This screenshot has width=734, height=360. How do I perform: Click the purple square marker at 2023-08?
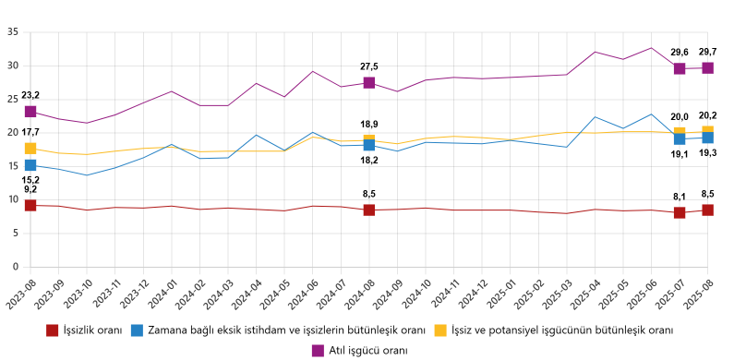pyautogui.click(x=30, y=112)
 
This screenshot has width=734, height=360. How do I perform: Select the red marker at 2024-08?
pyautogui.click(x=369, y=210)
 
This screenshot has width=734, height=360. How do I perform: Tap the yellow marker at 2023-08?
pyautogui.click(x=30, y=149)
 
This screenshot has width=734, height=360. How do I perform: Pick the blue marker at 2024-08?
pyautogui.click(x=369, y=145)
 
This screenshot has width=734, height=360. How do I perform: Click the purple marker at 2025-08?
pyautogui.click(x=707, y=67)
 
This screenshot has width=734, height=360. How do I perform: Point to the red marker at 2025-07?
pyautogui.click(x=680, y=212)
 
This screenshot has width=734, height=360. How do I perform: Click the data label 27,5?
pyautogui.click(x=369, y=66)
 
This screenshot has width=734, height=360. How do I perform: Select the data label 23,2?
pyautogui.click(x=30, y=95)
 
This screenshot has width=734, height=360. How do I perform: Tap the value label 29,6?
pyautogui.click(x=680, y=53)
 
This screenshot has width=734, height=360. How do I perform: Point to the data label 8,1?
pyautogui.click(x=680, y=196)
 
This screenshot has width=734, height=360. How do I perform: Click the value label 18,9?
pyautogui.click(x=369, y=124)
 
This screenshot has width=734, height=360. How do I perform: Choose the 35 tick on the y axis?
pyautogui.click(x=12, y=31)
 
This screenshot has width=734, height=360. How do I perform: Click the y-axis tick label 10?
pyautogui.click(x=12, y=199)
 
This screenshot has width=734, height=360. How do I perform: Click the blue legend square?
pyautogui.click(x=137, y=330)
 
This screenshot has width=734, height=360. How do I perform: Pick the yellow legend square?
pyautogui.click(x=441, y=330)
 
